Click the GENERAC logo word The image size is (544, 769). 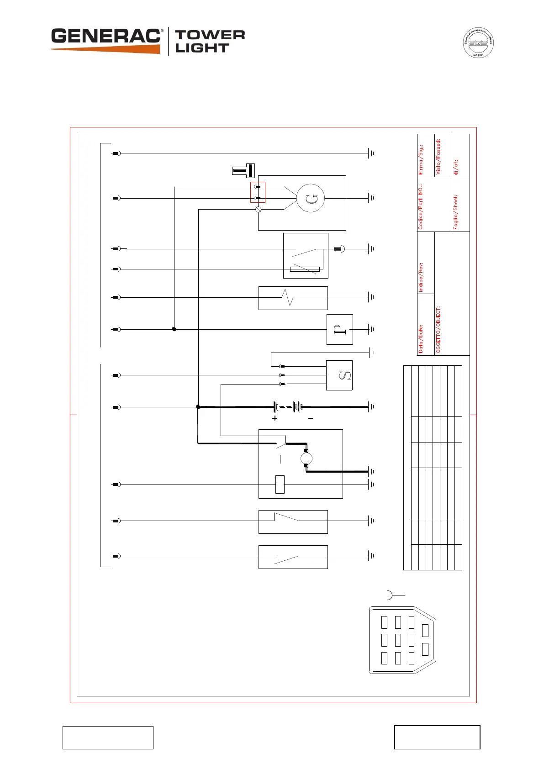106,37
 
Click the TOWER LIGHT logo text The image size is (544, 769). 210,41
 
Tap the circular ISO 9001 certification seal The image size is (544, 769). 478,43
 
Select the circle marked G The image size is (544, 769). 311,198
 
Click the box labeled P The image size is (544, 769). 339,329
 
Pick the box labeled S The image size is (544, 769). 339,375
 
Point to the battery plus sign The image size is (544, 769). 275,418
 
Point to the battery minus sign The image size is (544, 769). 311,418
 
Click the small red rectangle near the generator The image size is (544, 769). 258,192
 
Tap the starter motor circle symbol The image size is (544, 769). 306,458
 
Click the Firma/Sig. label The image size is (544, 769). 421,159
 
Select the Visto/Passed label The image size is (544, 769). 438,156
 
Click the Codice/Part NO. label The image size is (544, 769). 421,206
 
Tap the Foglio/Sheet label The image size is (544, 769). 455,212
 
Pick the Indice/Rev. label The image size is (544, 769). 421,277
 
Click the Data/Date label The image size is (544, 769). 421,339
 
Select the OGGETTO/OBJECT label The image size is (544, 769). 438,329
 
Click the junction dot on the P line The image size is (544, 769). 174,329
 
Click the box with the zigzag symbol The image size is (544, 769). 293,298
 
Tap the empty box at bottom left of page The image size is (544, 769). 108,737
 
